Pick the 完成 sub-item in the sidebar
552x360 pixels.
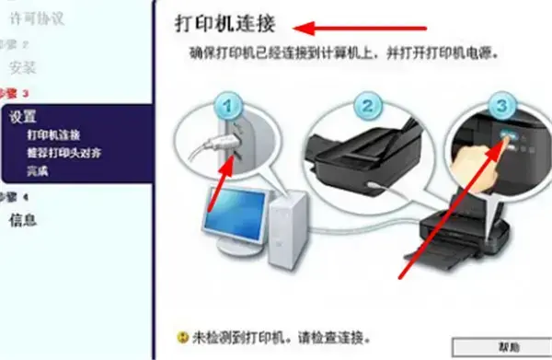click(x=38, y=170)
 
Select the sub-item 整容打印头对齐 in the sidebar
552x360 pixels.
click(x=63, y=153)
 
